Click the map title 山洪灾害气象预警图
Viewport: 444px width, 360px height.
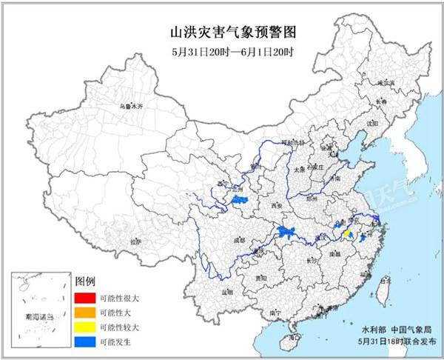tap(223, 32)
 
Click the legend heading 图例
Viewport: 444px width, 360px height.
tap(86, 282)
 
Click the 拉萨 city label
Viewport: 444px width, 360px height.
tap(135, 241)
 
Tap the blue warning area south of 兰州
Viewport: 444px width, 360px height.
tap(239, 201)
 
